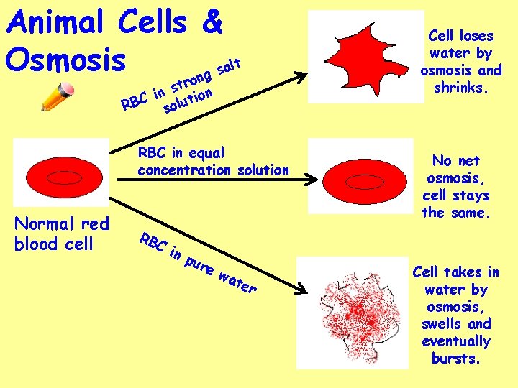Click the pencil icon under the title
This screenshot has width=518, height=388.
58,97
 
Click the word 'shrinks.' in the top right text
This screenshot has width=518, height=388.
461,88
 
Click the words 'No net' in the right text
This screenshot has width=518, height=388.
455,161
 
